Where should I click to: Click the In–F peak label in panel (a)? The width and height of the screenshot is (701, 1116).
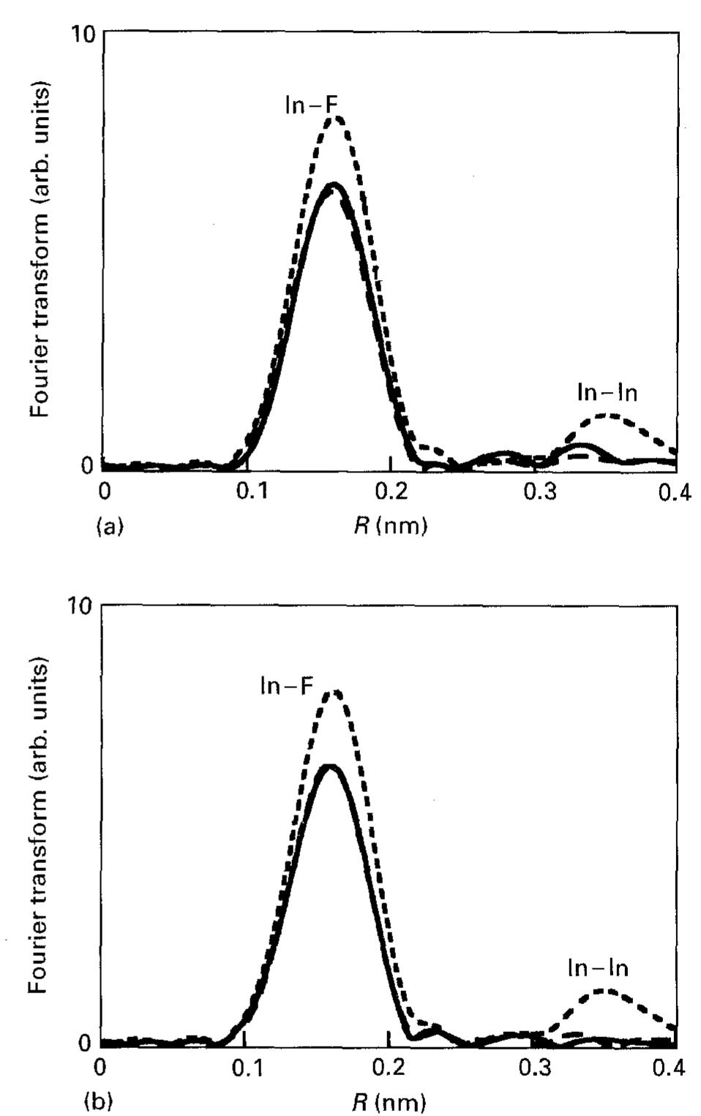(x=312, y=105)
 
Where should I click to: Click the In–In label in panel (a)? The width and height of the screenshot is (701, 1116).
(x=607, y=393)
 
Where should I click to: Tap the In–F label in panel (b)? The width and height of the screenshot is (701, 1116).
(x=287, y=686)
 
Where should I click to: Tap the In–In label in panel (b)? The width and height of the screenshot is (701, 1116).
(x=598, y=968)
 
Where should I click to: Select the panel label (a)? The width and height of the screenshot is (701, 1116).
(x=110, y=527)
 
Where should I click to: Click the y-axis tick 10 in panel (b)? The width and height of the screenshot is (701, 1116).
(x=84, y=607)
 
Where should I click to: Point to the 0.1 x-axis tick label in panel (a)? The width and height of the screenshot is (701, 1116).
(x=252, y=493)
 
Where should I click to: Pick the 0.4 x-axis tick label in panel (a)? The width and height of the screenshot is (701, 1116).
(x=674, y=493)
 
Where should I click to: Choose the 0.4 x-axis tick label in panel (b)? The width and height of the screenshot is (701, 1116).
(x=669, y=1068)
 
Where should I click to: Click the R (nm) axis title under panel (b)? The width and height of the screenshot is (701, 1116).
(x=389, y=1101)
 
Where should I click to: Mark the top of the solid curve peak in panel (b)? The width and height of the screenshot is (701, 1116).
(x=331, y=767)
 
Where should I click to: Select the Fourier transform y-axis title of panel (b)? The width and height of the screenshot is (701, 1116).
(x=40, y=824)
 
